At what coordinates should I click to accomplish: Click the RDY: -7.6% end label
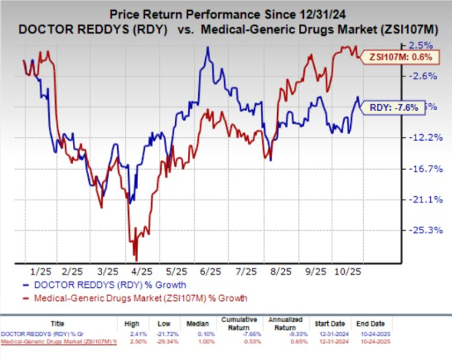coord(394,107)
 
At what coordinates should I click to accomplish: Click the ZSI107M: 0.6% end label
coord(397,56)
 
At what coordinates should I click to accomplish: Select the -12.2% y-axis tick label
coord(422,138)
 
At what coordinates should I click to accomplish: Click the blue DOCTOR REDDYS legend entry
coord(106,284)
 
